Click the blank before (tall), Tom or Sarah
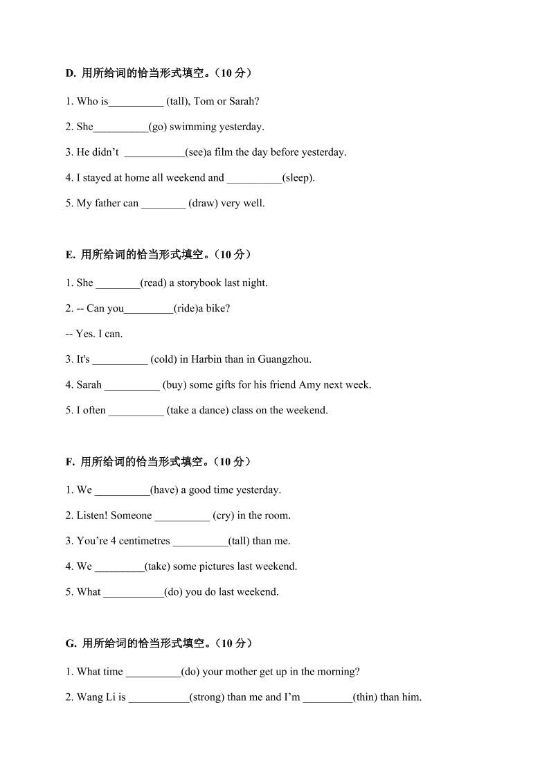[136, 102]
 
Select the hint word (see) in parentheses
[195, 152]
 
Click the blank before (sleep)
[254, 179]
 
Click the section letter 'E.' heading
[71, 255]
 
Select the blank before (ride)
[148, 310]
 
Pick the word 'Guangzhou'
[284, 359]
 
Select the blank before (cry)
[182, 517]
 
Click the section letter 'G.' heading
[71, 644]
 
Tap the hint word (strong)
[207, 697]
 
